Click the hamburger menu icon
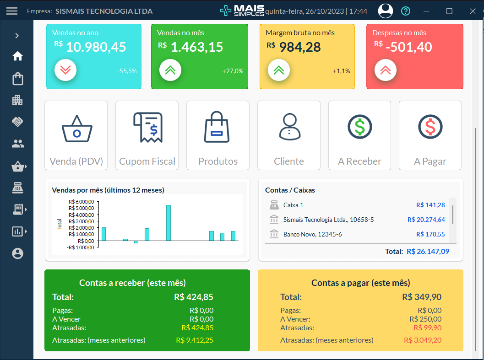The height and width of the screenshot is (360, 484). (12, 11)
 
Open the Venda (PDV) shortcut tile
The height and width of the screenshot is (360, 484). (76, 135)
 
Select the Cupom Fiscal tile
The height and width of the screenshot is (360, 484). (147, 135)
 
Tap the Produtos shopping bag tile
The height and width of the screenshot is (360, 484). (218, 135)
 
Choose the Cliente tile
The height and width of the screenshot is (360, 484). (289, 135)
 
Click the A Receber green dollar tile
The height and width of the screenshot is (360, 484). (359, 135)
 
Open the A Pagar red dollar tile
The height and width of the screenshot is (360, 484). (430, 135)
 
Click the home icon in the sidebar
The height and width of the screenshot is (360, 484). (17, 56)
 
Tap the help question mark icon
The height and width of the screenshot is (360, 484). (406, 11)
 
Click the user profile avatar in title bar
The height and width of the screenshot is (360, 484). (386, 11)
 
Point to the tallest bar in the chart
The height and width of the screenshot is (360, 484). (169, 222)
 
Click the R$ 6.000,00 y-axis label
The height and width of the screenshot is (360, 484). (81, 202)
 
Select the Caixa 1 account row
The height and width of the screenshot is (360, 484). (293, 205)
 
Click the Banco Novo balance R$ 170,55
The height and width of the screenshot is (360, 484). (430, 234)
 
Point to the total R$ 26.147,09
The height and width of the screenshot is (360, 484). (428, 251)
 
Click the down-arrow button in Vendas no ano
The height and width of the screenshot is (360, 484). (65, 70)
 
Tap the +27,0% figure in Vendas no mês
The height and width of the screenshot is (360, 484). (233, 71)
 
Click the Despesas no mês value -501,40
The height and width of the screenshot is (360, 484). (408, 47)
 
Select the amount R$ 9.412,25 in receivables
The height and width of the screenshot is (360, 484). (195, 340)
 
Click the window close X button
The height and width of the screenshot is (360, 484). (473, 11)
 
